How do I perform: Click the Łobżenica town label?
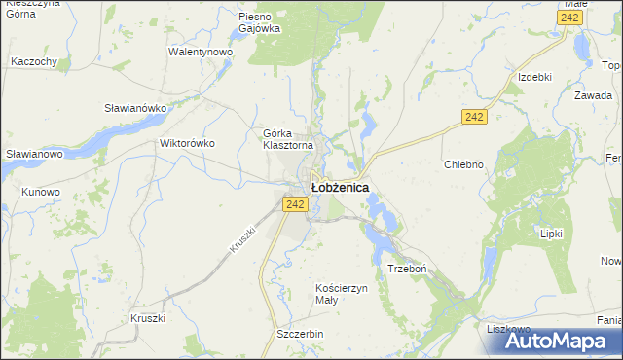[340, 186]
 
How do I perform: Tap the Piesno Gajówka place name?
[260, 22]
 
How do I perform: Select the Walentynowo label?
[200, 52]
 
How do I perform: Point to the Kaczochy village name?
[34, 61]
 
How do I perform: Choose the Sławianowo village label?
[34, 154]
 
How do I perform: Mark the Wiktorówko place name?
[186, 143]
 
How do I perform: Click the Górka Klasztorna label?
[288, 139]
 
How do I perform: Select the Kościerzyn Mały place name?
[341, 294]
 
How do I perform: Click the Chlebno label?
[463, 164]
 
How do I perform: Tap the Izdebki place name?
[535, 77]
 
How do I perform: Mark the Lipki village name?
[553, 234]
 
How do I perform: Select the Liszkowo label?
[508, 329]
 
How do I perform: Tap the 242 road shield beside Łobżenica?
[297, 203]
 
